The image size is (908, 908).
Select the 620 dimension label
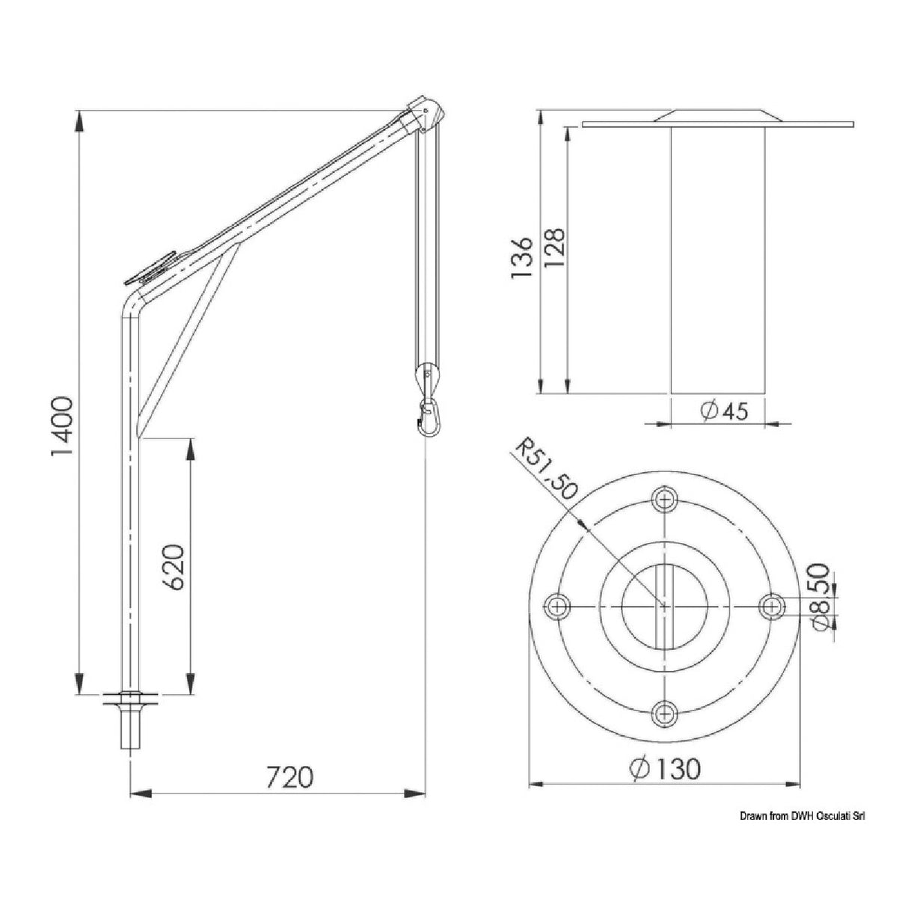pyautogui.click(x=174, y=566)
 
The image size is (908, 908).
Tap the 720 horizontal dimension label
pyautogui.click(x=289, y=778)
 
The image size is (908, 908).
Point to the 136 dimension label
pyautogui.click(x=521, y=259)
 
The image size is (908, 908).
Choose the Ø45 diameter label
pyautogui.click(x=724, y=410)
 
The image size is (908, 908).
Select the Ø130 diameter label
pyautogui.click(x=665, y=768)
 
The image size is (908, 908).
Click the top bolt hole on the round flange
pyautogui.click(x=663, y=499)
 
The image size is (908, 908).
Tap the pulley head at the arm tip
pyautogui.click(x=427, y=114)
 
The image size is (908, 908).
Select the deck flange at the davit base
pyautogui.click(x=131, y=699)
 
